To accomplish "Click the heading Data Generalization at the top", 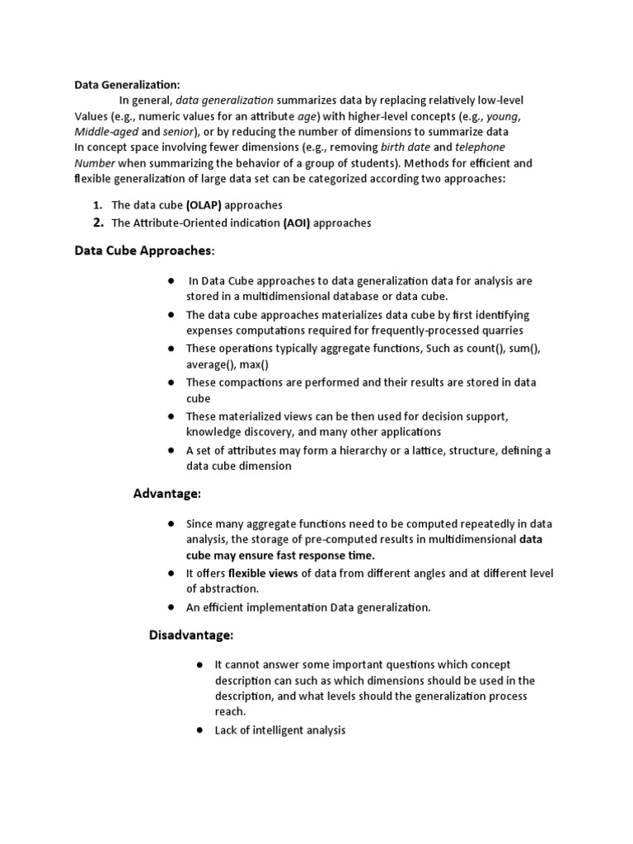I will (x=127, y=84).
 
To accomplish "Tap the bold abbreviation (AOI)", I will (x=297, y=223).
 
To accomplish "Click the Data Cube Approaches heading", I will (x=144, y=251).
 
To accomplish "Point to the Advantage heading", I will (x=167, y=494).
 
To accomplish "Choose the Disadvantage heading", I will (x=191, y=635).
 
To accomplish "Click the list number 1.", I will (x=96, y=204).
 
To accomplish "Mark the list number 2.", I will (x=97, y=223).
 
